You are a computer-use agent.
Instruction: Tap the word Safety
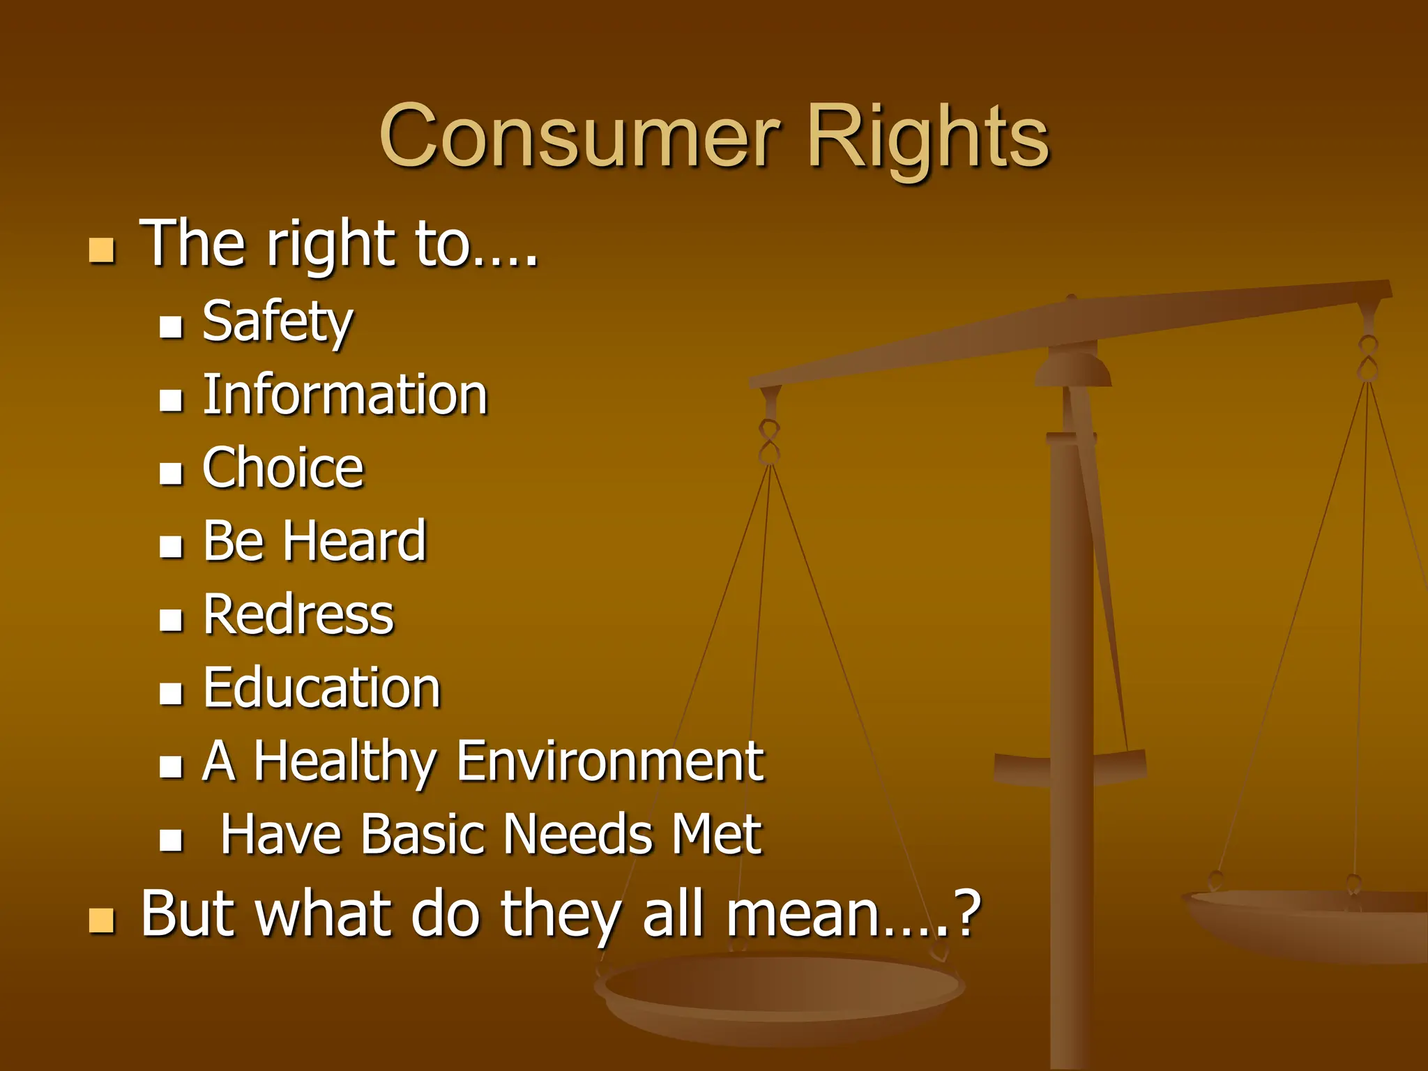[278, 322]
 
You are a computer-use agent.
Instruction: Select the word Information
[345, 395]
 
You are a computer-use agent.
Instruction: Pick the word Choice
[283, 469]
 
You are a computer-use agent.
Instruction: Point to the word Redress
[298, 615]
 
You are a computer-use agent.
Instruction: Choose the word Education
[322, 688]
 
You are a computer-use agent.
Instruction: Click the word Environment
[610, 761]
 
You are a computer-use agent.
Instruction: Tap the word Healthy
[345, 761]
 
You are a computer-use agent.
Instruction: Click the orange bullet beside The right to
[102, 250]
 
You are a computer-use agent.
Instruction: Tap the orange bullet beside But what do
[102, 920]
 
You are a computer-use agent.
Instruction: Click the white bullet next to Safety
[171, 326]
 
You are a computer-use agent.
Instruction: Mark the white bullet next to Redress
[171, 619]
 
